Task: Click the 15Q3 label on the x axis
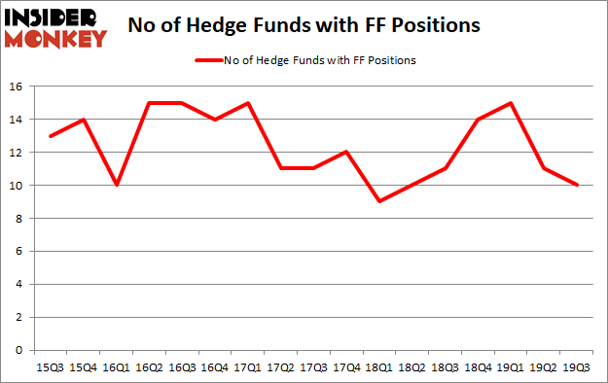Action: tap(50, 366)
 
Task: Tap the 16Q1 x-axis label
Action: tap(117, 366)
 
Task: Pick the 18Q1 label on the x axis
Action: tap(378, 366)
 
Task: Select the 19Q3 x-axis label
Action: tap(578, 366)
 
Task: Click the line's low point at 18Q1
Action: tap(378, 201)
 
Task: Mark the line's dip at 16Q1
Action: tap(117, 185)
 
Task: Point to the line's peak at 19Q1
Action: tap(511, 103)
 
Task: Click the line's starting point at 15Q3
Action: tap(50, 136)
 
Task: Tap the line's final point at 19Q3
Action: tap(578, 185)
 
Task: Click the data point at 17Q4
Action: tap(345, 152)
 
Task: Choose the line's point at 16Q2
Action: tap(149, 103)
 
